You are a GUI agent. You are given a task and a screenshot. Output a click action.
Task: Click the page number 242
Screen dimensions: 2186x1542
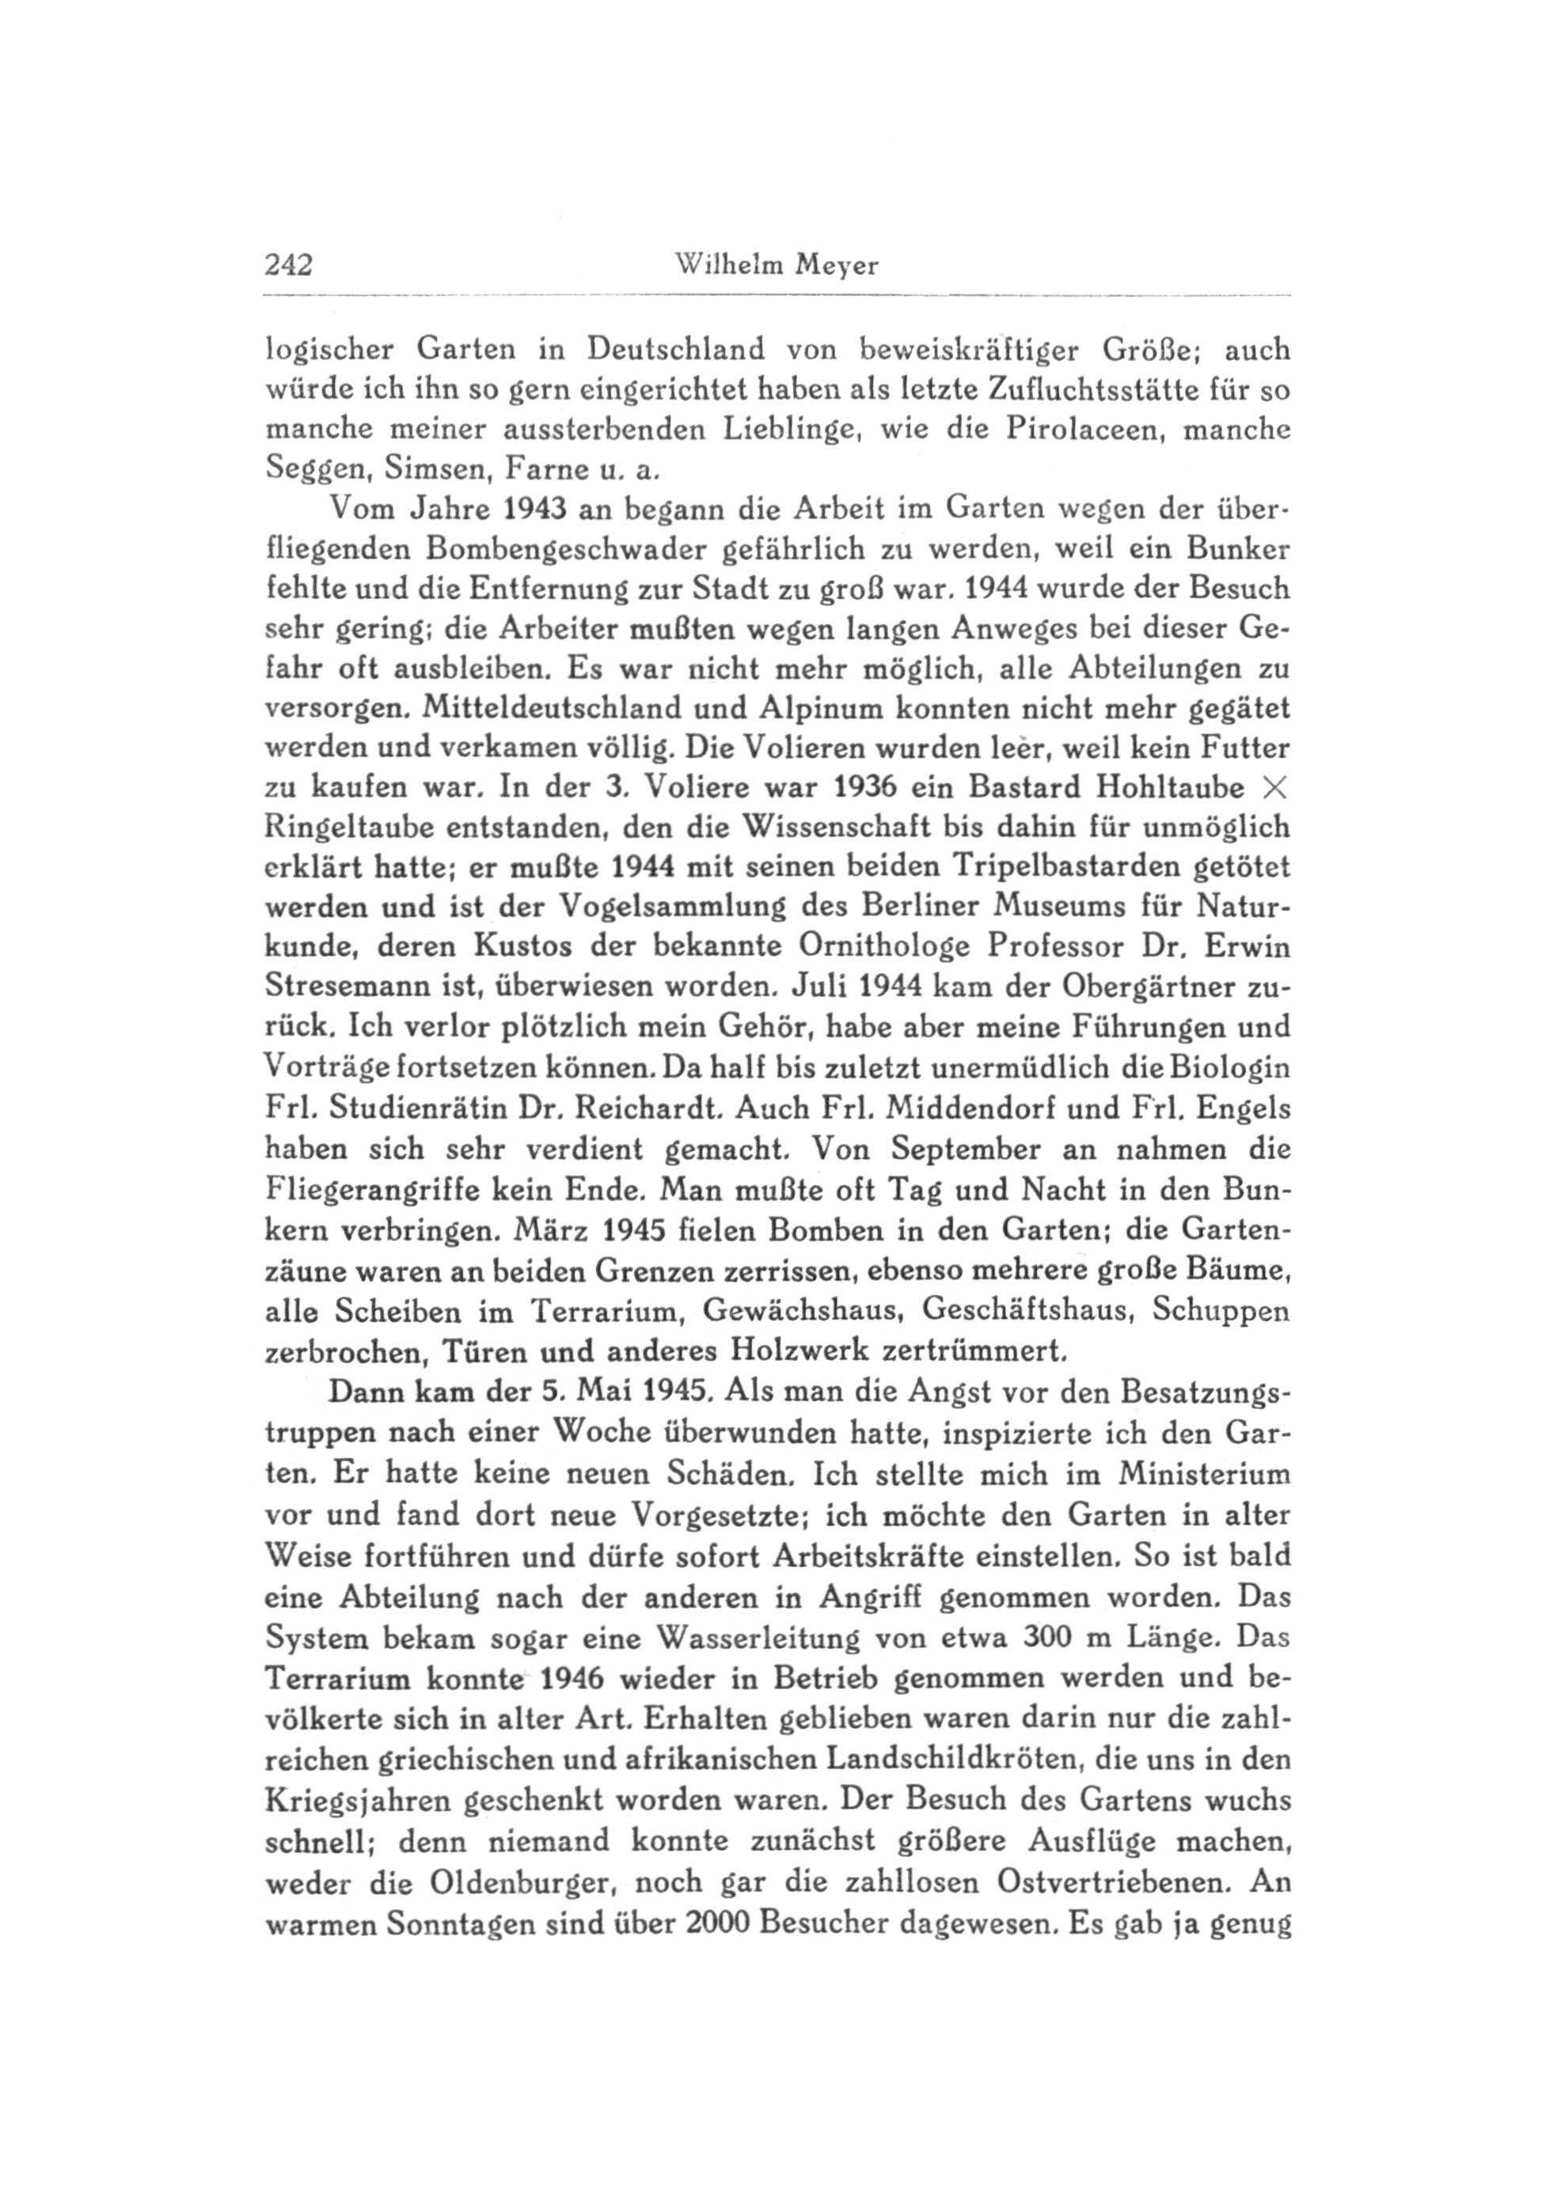[289, 266]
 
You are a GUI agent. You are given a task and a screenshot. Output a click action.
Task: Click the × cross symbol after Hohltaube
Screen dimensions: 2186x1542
[1272, 788]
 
